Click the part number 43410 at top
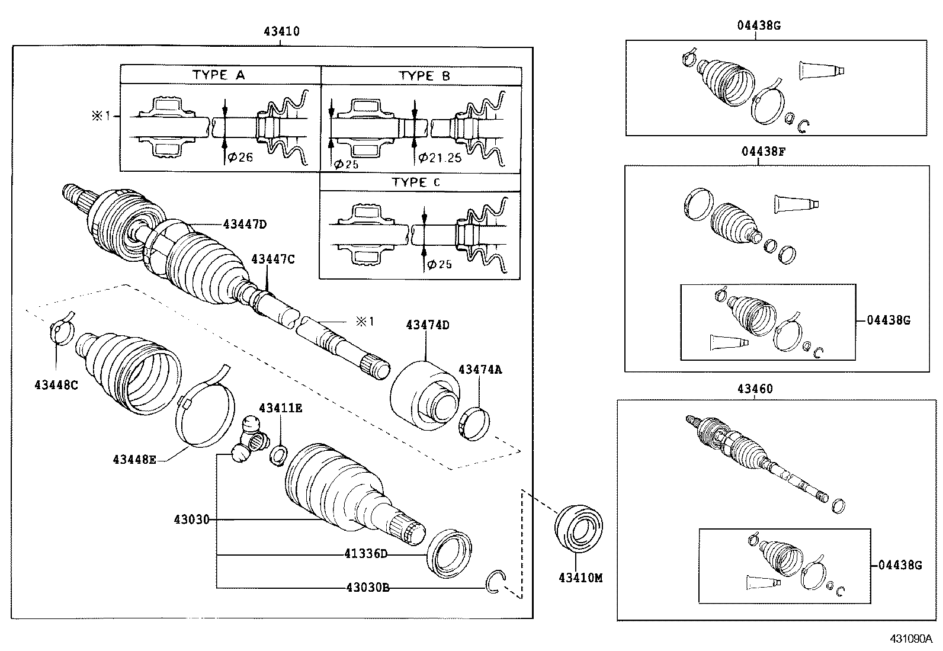pyautogui.click(x=281, y=31)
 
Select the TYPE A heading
pyautogui.click(x=218, y=75)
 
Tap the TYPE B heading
pyautogui.click(x=424, y=76)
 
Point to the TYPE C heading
pyautogui.click(x=416, y=182)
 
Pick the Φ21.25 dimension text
pyautogui.click(x=440, y=158)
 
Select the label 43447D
pyautogui.click(x=245, y=224)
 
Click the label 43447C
pyautogui.click(x=272, y=259)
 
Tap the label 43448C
pyautogui.click(x=56, y=385)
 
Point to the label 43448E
pyautogui.click(x=134, y=459)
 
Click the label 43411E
pyautogui.click(x=280, y=408)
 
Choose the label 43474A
pyautogui.click(x=480, y=370)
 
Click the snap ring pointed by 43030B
pyautogui.click(x=494, y=582)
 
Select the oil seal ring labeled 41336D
pyautogui.click(x=450, y=553)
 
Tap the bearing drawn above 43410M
pyautogui.click(x=579, y=528)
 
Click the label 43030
pyautogui.click(x=191, y=519)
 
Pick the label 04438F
pyautogui.click(x=763, y=151)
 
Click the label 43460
pyautogui.click(x=755, y=389)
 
